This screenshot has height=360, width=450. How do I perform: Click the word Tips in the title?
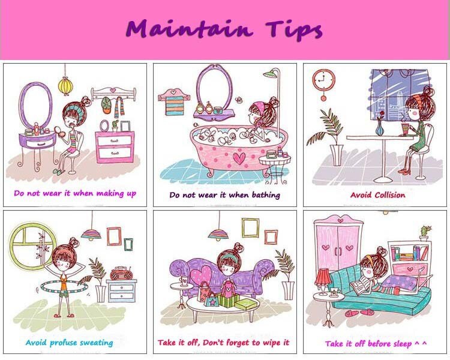click(294, 30)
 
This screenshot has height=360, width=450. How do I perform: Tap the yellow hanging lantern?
click(65, 86)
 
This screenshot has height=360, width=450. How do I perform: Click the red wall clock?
click(323, 79)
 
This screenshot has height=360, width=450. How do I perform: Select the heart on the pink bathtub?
click(239, 158)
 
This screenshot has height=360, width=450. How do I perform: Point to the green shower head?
click(270, 74)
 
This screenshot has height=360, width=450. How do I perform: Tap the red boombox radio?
click(121, 274)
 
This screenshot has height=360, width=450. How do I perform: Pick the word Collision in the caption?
click(390, 195)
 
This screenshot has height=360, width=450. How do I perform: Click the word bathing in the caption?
click(266, 196)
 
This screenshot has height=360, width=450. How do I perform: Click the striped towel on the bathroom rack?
click(174, 106)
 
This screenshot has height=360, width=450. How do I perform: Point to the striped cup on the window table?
click(405, 130)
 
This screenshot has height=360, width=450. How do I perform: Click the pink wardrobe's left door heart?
click(325, 247)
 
